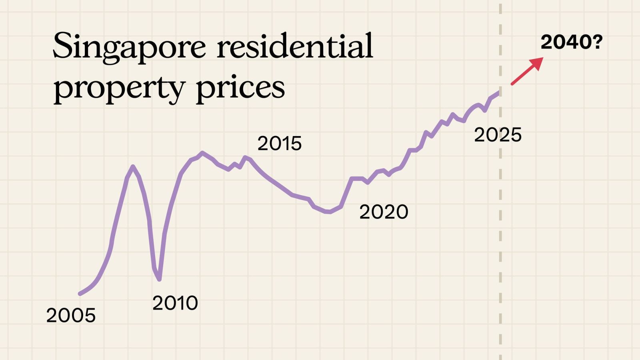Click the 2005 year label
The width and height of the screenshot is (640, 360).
71,316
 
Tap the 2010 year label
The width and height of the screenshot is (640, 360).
175,303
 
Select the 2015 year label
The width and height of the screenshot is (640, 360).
279,144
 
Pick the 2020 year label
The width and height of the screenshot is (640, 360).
384,212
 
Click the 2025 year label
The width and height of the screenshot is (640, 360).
498,135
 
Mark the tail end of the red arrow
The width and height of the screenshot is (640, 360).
512,84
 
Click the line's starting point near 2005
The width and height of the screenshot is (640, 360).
80,294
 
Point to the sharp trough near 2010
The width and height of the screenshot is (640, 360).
160,279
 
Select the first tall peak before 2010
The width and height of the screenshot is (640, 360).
133,166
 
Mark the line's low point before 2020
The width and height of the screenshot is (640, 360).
328,212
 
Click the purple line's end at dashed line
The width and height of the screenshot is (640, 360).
499,92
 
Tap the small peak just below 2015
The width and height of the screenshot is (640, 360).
245,157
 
